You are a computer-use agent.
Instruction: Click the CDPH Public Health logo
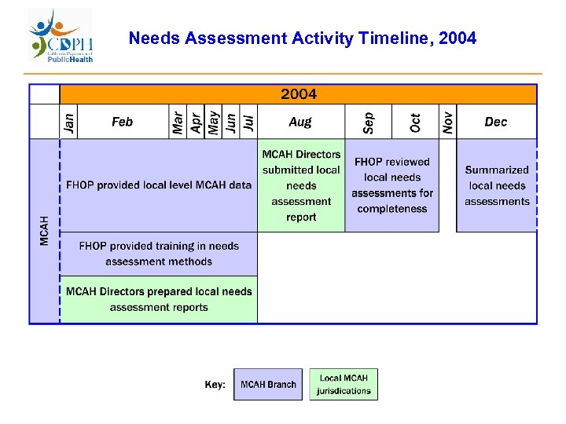(x=61, y=36)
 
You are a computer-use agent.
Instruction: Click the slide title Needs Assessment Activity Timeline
(x=302, y=38)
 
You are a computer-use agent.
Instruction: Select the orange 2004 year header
(x=299, y=94)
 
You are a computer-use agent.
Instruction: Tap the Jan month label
(x=69, y=122)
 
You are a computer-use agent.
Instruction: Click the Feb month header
(x=122, y=122)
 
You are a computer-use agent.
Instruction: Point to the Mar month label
(x=178, y=122)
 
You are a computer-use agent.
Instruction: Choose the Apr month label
(x=196, y=122)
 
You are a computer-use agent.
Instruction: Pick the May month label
(x=213, y=122)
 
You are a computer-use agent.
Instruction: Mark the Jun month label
(x=230, y=122)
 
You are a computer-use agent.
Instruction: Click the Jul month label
(x=248, y=122)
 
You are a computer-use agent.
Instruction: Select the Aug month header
(x=300, y=122)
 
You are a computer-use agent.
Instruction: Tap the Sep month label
(x=368, y=122)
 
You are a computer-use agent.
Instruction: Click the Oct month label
(x=415, y=122)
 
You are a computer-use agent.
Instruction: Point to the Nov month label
(x=447, y=122)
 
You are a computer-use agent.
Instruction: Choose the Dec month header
(x=496, y=122)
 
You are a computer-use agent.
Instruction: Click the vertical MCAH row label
(x=44, y=230)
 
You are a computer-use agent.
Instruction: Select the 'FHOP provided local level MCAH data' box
(x=159, y=185)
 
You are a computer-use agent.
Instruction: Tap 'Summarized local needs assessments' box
(x=497, y=185)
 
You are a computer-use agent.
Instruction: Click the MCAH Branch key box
(x=268, y=385)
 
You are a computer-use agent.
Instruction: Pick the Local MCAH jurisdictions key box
(x=344, y=385)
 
